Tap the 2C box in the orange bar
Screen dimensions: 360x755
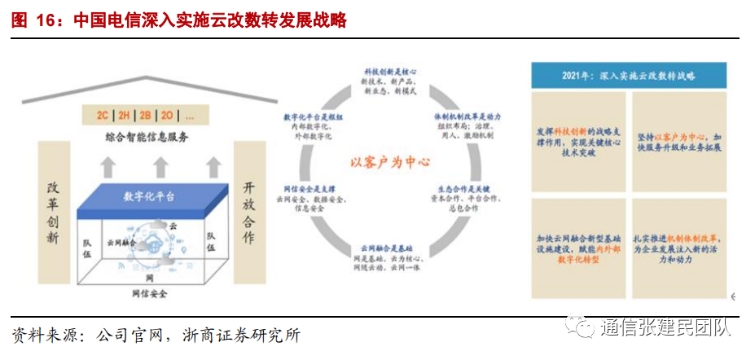pos(102,115)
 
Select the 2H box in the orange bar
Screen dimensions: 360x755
pos(125,115)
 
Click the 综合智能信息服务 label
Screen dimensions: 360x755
pos(147,137)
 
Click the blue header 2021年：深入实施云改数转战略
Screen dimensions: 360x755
pos(629,76)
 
